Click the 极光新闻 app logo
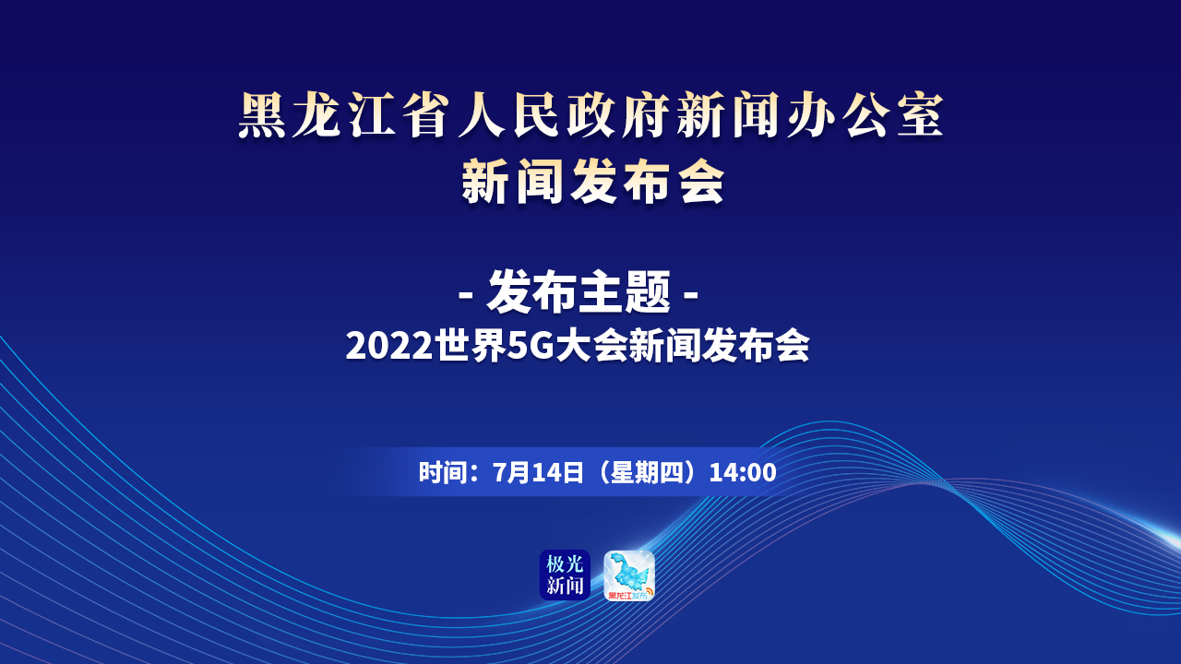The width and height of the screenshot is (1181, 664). pos(565,575)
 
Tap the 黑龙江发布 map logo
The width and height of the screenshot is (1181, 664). pos(629,575)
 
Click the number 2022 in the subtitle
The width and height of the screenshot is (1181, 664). pos(390,346)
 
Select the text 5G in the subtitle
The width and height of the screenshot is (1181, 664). pos(531,346)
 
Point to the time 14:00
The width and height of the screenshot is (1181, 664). pos(743,473)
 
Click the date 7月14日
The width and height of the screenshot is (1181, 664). pos(538,473)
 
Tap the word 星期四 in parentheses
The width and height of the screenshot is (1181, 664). pos(644,473)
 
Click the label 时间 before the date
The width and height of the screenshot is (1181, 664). pos(441,473)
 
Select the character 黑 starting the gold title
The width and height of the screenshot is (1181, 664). pos(262,115)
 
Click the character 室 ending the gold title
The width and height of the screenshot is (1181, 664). pos(920,115)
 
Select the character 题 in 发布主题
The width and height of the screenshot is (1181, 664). pos(648,292)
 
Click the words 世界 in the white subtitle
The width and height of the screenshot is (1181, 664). pos(471,346)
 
